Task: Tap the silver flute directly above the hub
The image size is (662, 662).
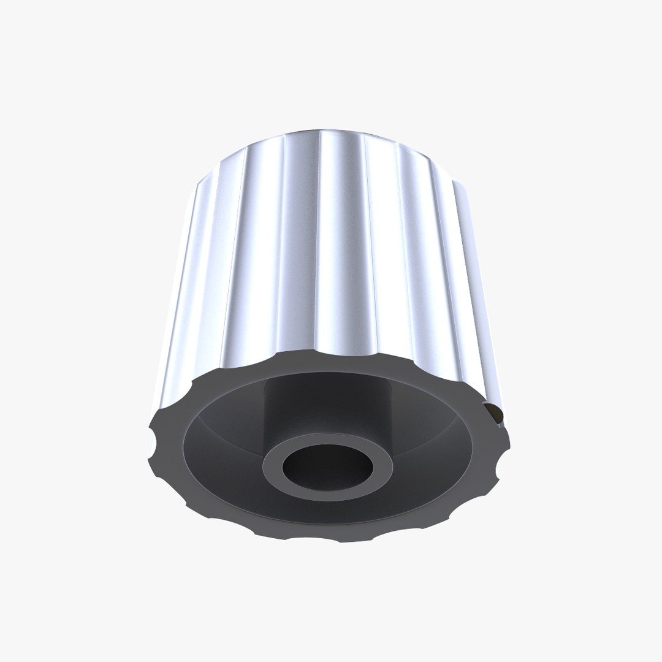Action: [334, 245]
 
